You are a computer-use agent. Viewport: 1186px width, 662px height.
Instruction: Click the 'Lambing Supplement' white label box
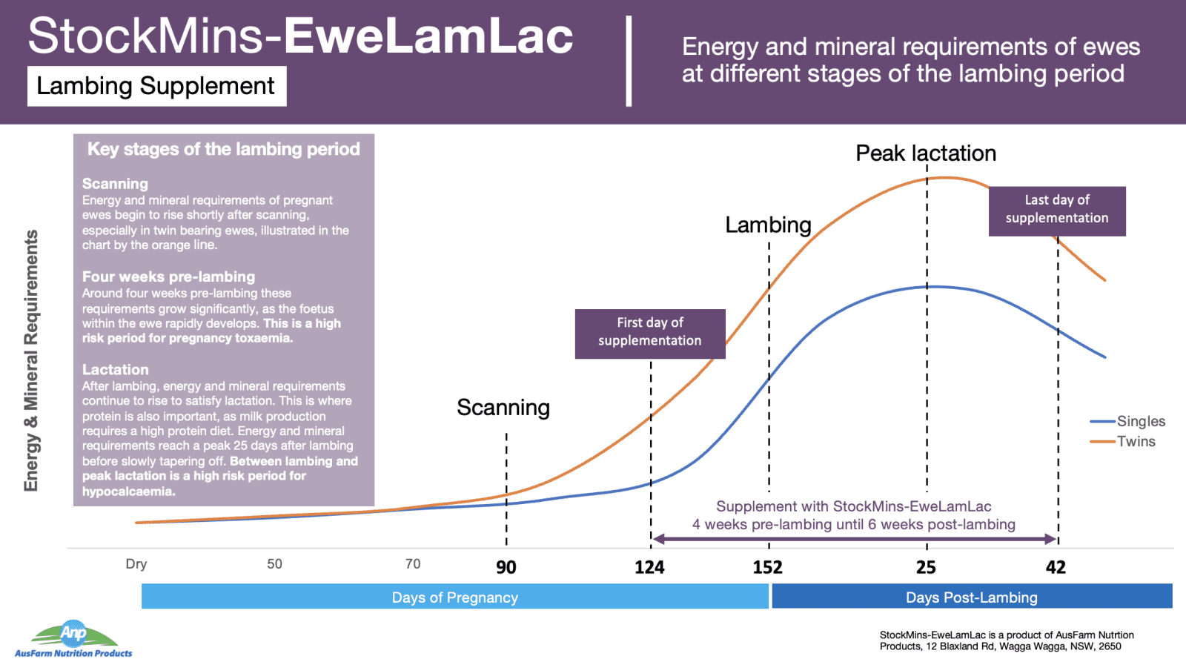point(156,86)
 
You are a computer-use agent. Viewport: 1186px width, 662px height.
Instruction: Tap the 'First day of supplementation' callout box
point(650,334)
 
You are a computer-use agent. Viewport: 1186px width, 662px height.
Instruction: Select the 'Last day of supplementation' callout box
point(1057,211)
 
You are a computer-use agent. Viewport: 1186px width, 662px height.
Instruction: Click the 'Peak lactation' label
point(926,153)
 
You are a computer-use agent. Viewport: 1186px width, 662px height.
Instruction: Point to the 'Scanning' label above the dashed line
point(503,408)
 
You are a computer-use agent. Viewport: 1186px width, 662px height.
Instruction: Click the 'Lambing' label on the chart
point(768,225)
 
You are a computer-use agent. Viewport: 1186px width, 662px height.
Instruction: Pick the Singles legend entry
point(1127,421)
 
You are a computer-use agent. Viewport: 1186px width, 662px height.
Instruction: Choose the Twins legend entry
point(1122,441)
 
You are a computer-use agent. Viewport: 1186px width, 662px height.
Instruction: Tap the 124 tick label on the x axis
point(649,567)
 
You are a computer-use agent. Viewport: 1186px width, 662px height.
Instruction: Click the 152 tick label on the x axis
point(768,567)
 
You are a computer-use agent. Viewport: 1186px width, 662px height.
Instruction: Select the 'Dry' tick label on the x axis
point(136,563)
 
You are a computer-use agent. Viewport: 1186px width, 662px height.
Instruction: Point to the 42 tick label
point(1056,567)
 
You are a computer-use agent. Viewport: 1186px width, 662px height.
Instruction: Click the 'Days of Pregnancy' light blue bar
point(455,596)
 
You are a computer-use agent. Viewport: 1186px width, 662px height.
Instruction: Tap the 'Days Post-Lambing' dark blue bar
point(972,596)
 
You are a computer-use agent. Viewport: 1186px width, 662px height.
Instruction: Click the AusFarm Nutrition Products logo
point(73,639)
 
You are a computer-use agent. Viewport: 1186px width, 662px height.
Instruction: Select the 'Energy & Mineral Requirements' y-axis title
point(31,360)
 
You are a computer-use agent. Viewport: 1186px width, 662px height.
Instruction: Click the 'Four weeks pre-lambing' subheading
point(168,277)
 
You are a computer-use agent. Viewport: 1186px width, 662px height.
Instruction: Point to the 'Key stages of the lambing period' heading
point(223,149)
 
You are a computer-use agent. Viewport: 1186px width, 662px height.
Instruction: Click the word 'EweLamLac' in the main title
point(428,36)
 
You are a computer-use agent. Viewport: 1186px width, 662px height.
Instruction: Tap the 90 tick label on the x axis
point(506,567)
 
